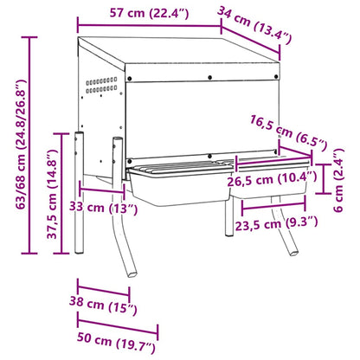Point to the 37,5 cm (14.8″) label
point(52,192)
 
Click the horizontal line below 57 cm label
point(147,25)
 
